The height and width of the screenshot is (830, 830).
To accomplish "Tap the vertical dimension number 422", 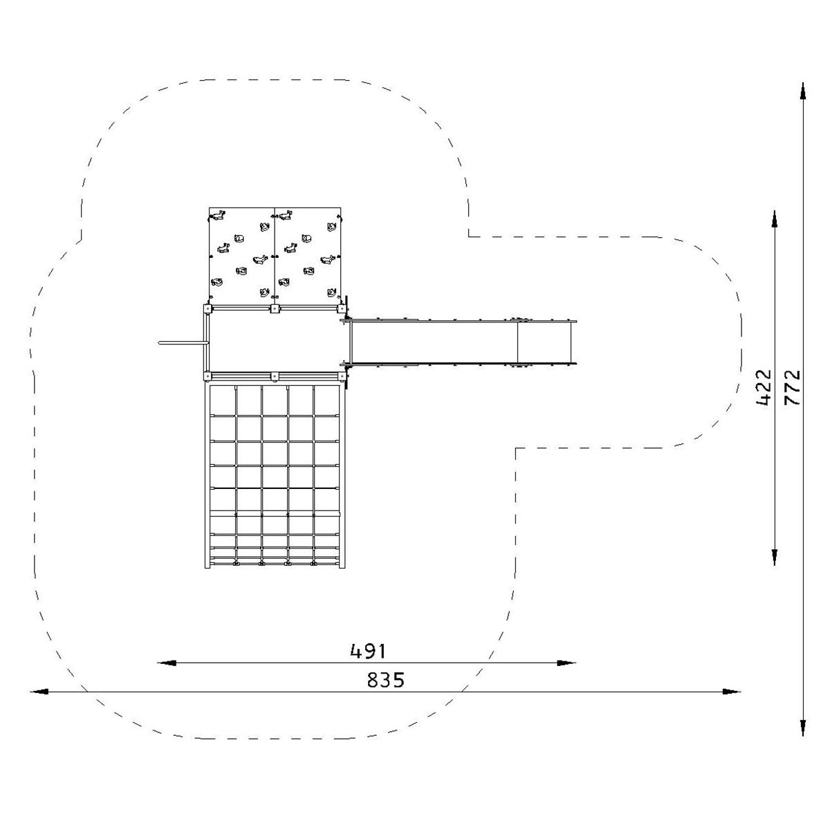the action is [764, 387].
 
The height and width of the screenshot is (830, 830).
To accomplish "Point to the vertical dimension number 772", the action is [793, 387].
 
